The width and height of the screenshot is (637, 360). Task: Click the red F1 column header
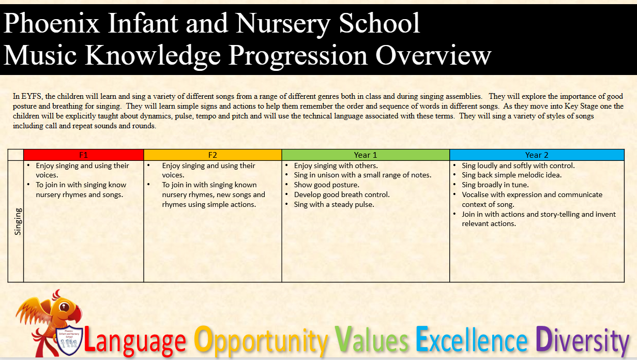(x=84, y=155)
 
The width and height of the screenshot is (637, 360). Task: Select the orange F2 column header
(x=213, y=155)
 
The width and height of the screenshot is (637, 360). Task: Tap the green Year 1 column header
(x=366, y=155)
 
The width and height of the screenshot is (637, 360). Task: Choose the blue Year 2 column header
(x=537, y=155)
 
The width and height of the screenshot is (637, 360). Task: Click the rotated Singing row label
(x=18, y=221)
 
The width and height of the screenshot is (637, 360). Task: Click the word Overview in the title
(x=433, y=55)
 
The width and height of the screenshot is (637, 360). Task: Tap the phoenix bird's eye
(x=64, y=307)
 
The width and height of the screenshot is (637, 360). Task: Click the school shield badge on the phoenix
(x=69, y=340)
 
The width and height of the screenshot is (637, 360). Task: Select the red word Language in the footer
(x=135, y=340)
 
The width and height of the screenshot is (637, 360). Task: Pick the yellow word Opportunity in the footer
(x=261, y=340)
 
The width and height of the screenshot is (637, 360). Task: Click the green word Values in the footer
(x=371, y=339)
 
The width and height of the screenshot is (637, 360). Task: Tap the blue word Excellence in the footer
(x=472, y=339)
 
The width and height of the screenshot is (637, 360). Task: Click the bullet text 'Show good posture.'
(x=326, y=185)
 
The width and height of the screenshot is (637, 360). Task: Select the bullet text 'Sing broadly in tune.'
(x=495, y=185)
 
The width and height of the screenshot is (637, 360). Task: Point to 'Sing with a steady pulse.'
(x=334, y=204)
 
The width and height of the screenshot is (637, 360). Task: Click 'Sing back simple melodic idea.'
(x=511, y=175)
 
